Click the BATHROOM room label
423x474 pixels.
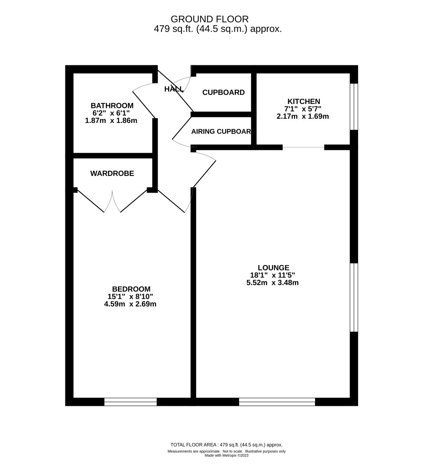pos(112,105)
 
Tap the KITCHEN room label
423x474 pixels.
pos(304,101)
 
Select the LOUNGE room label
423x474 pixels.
pos(273,268)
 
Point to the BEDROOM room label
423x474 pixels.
pos(131,289)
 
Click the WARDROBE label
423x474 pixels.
pos(112,174)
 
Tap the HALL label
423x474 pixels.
pos(174,89)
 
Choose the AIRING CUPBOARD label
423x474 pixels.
pos(221,132)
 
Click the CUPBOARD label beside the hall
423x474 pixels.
pos(223,93)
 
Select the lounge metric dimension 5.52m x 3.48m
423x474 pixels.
pos(273,283)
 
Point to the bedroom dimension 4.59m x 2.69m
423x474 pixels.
pos(130,304)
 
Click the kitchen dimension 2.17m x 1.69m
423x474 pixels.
pos(303,116)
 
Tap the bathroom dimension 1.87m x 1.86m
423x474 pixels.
pos(111,121)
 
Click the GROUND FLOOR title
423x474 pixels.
pos(210,19)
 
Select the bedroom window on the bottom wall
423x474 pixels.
pos(130,402)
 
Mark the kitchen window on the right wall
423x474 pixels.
pos(354,107)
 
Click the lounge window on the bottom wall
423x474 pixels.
pos(277,402)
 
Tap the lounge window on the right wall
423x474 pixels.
pos(354,298)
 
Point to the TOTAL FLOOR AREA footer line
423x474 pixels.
pos(226,445)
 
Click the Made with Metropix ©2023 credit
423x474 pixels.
pos(226,455)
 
